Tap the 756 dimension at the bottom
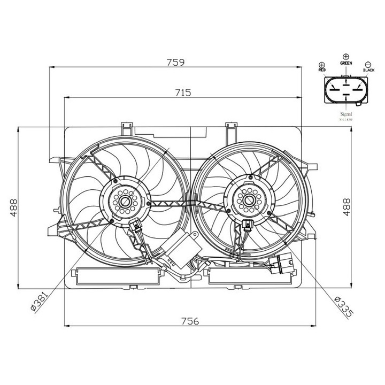(190, 321)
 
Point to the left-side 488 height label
(13, 207)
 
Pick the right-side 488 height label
(346, 207)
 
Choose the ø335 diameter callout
(342, 308)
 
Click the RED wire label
(322, 70)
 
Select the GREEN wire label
(346, 63)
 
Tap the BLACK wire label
(369, 70)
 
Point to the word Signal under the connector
(346, 114)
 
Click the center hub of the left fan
(125, 202)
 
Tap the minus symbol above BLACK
(369, 64)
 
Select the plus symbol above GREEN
(346, 56)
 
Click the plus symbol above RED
(322, 64)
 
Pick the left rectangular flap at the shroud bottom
(119, 276)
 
